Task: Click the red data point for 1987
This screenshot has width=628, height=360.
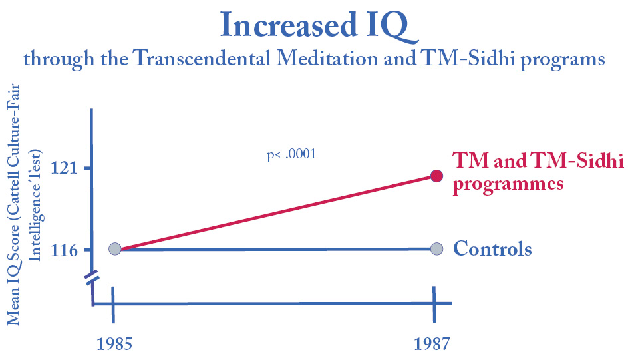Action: click(436, 176)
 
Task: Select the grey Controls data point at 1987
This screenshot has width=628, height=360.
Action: click(436, 249)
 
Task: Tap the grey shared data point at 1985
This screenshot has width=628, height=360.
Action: click(114, 249)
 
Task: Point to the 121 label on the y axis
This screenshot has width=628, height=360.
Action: click(65, 168)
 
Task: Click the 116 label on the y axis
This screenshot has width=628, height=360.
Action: click(65, 250)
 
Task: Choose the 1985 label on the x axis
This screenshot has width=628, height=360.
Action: click(114, 344)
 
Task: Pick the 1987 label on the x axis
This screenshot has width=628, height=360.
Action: click(431, 344)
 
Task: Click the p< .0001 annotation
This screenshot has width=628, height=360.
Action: click(291, 156)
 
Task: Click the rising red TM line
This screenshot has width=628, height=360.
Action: click(275, 212)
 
